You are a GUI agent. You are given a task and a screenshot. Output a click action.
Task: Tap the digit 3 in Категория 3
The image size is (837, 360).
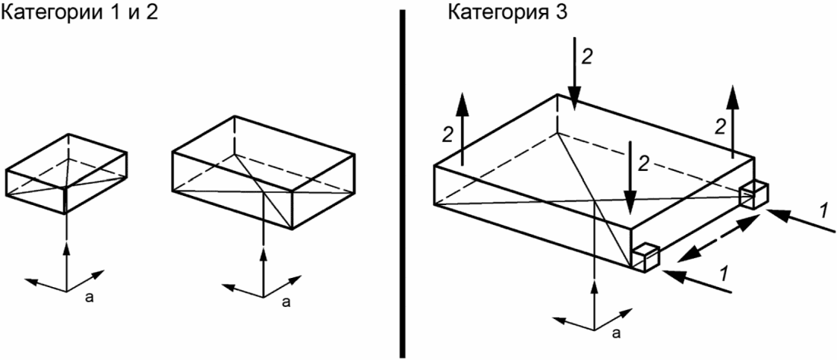[x=534, y=13]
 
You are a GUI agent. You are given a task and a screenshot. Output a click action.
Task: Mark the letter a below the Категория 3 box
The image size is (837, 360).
[x=616, y=332]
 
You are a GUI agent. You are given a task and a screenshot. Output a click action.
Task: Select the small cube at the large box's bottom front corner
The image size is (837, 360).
[x=645, y=257]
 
